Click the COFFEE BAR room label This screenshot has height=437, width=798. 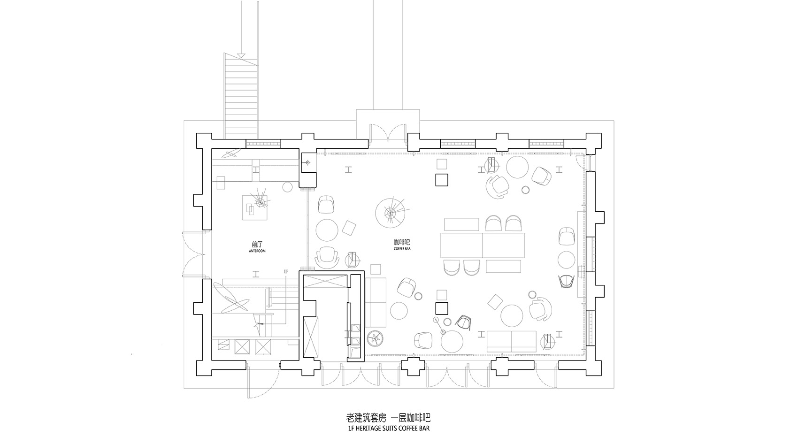402,245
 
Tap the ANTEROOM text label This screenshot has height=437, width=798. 257,247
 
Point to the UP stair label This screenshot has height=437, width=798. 286,271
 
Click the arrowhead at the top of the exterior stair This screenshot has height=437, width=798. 241,56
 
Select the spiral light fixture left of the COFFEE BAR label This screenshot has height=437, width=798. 391,213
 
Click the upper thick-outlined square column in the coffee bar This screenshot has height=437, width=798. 442,179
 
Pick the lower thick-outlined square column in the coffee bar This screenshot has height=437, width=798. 442,308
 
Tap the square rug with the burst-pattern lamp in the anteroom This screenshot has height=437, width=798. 255,207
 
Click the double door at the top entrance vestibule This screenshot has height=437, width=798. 387,132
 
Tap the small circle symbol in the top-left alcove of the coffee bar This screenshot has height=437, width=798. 307,163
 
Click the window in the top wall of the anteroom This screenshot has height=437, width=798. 264,144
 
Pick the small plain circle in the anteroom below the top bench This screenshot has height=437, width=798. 287,187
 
